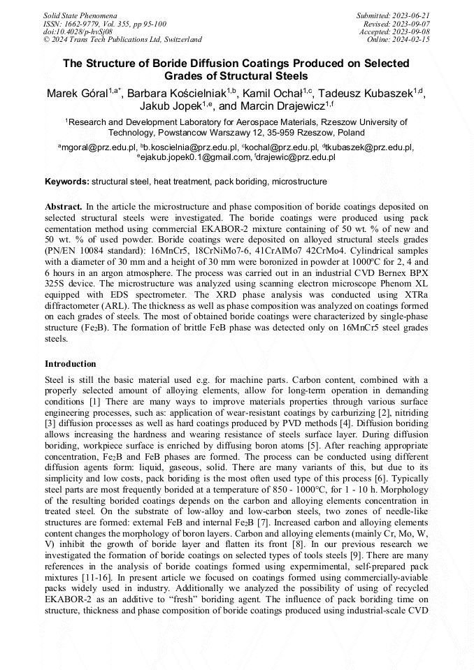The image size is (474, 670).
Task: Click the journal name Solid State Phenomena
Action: coord(80,15)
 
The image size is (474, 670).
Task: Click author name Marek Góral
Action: coord(76,94)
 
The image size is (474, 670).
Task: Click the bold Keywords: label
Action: coord(67,182)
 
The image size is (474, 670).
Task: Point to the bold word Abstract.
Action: coord(64,207)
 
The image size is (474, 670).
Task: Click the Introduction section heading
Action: coord(71,364)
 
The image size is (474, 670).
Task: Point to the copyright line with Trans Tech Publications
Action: coord(122,40)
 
